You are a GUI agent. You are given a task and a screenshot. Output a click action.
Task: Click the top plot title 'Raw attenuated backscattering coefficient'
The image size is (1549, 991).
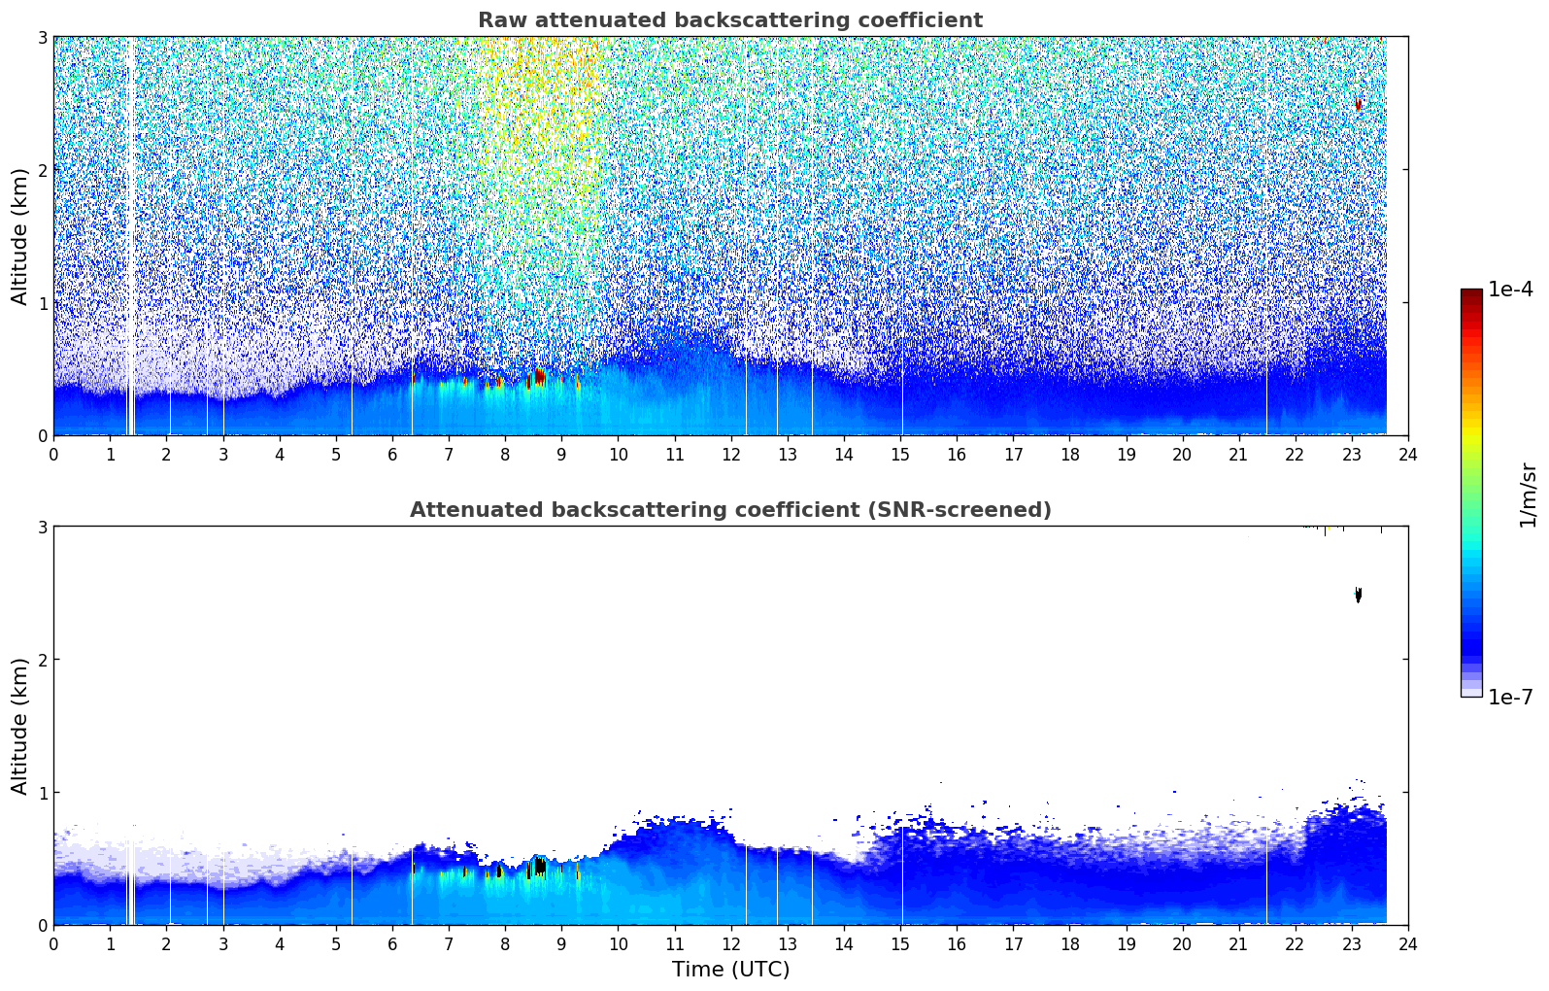[730, 20]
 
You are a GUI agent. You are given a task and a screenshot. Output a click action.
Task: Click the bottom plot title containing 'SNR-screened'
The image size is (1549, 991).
[730, 509]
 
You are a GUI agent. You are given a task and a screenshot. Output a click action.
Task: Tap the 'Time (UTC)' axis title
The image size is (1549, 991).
[730, 969]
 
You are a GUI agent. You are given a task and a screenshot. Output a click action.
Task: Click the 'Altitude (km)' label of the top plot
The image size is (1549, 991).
[19, 236]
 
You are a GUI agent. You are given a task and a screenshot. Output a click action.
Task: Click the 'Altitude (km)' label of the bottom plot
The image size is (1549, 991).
[19, 726]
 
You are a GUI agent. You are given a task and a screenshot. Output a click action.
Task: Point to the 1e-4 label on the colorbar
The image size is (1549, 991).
[1510, 290]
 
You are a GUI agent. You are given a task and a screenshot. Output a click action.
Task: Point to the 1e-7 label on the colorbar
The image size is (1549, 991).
[1510, 697]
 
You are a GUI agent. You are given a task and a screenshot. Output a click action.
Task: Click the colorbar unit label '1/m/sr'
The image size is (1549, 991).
[1528, 495]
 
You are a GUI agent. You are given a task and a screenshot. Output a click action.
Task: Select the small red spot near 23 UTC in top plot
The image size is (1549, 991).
[1358, 105]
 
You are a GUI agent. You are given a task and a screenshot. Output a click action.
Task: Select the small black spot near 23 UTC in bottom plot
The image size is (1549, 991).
[1358, 595]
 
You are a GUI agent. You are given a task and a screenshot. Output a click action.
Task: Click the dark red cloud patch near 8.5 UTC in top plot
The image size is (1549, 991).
[537, 378]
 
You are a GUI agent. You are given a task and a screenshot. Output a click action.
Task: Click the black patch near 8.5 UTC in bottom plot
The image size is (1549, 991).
[538, 867]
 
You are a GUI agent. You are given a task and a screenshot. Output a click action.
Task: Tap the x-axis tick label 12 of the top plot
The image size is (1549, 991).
[731, 455]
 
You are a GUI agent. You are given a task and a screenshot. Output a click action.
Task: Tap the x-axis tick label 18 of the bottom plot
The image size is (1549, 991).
[1070, 944]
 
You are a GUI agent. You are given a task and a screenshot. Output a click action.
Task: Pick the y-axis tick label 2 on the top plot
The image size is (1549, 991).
[42, 170]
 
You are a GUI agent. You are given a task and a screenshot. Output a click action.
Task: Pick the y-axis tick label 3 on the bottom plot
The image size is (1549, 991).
[42, 527]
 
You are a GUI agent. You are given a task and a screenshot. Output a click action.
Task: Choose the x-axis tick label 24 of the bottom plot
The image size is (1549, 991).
[1408, 944]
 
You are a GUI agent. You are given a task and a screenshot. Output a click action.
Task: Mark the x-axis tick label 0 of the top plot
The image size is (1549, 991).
[54, 455]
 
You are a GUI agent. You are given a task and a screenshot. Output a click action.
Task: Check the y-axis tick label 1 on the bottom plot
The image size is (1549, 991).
[42, 793]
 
